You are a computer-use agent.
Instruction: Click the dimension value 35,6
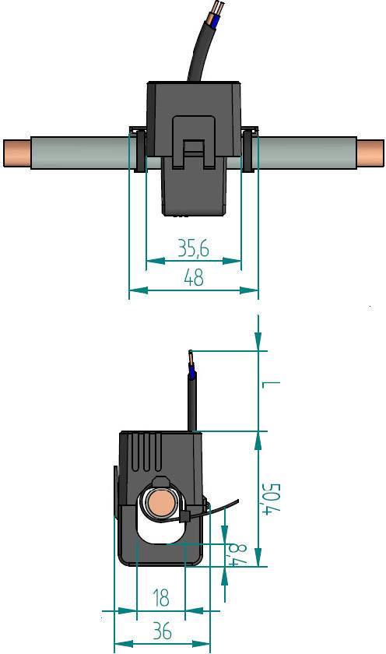193,248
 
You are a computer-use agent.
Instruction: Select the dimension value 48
192,277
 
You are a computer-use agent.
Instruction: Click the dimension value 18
161,598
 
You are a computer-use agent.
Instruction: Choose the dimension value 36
161,631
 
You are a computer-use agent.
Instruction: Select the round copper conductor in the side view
160,505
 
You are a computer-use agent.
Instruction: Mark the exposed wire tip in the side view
190,360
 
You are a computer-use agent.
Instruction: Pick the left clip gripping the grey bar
137,149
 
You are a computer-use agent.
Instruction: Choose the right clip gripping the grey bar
250,149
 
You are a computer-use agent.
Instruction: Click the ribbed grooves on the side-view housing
145,452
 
